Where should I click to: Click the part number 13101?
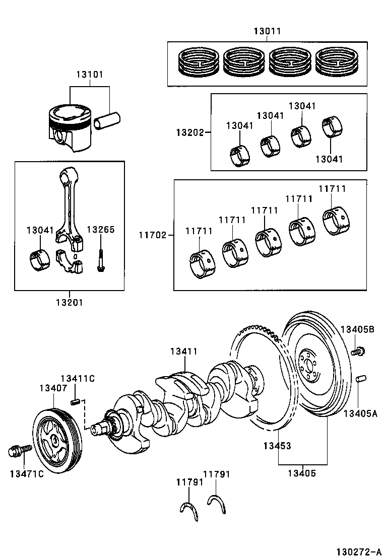click(x=89, y=75)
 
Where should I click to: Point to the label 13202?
click(x=189, y=133)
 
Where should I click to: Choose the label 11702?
click(x=153, y=235)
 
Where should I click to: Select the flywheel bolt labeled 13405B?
click(x=359, y=351)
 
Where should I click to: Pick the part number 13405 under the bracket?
click(x=302, y=473)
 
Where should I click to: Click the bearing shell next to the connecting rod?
click(x=39, y=258)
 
